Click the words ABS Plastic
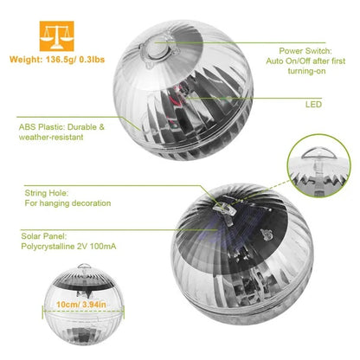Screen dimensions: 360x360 (x=42, y=127)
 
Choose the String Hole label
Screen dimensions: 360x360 (x=42, y=191)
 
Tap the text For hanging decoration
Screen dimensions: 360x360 (x=67, y=202)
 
